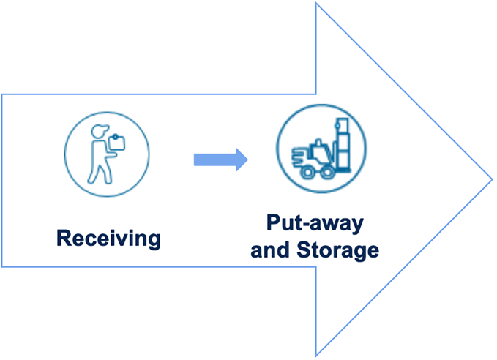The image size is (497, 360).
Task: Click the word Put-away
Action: pyautogui.click(x=315, y=223)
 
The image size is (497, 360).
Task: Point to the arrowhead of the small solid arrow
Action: pyautogui.click(x=241, y=160)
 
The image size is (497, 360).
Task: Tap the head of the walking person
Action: pyautogui.click(x=100, y=132)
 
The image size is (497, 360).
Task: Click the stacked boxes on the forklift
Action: pyautogui.click(x=343, y=143)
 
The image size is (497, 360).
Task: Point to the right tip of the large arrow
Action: pyautogui.click(x=492, y=179)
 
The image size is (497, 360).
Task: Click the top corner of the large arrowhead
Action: pyautogui.click(x=317, y=3)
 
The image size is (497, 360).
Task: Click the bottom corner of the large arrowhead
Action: pyautogui.click(x=317, y=356)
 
